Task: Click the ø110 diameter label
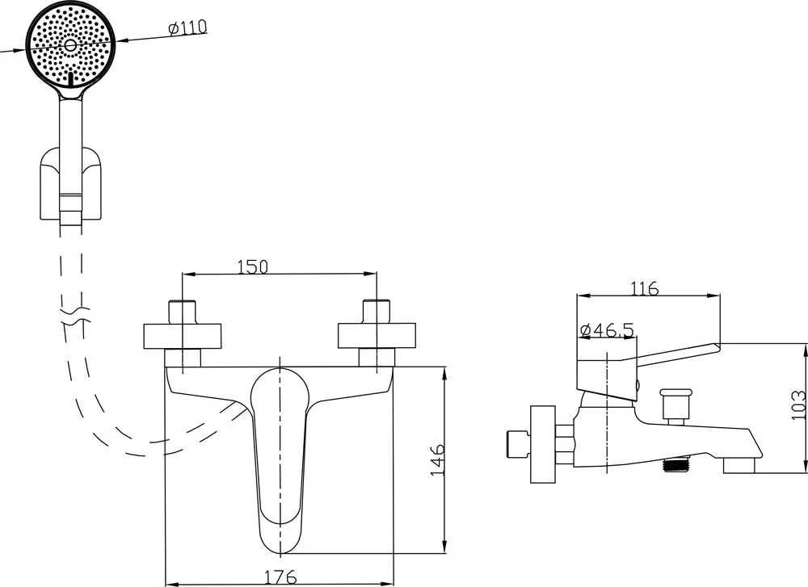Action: [187, 27]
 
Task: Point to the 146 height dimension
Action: [436, 459]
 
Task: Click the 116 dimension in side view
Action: [643, 287]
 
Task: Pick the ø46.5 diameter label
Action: [607, 329]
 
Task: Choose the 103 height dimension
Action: [798, 404]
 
